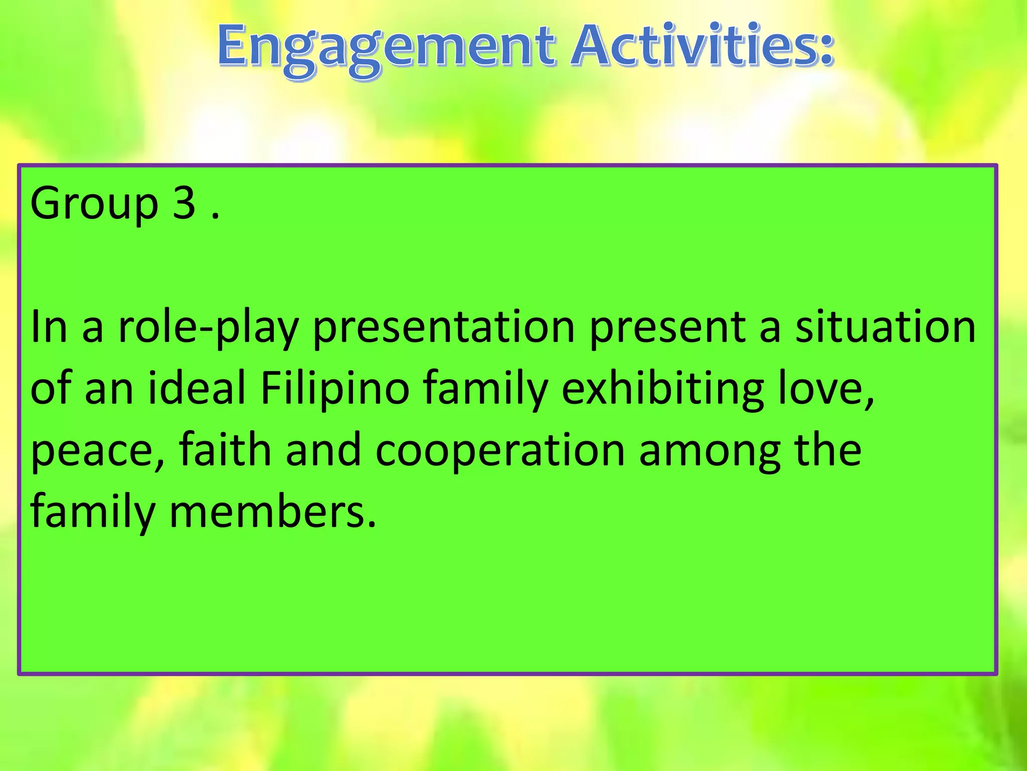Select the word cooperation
pos(500,451)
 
